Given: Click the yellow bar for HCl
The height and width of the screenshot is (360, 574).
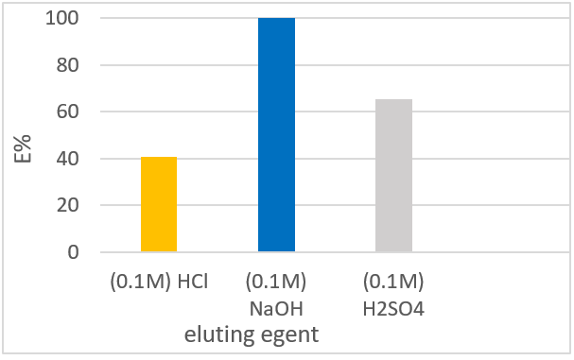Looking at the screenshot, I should point(159,204).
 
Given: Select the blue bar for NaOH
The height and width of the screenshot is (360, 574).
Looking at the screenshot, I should point(276,135).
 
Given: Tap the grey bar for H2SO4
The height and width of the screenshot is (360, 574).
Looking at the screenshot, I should point(393,176).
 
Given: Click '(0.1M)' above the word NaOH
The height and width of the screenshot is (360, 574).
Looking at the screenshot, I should point(276,281).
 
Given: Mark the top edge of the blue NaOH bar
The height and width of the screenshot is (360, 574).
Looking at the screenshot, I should point(276,19).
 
